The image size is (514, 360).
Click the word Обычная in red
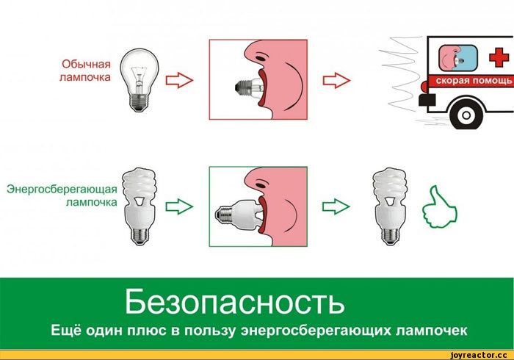[x=86, y=64]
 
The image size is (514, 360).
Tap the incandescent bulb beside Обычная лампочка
[x=139, y=80]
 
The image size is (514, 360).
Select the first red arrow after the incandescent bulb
[x=179, y=80]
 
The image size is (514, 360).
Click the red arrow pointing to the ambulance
[x=336, y=80]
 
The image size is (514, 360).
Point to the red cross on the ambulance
[x=499, y=57]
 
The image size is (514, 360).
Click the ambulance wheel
[x=466, y=115]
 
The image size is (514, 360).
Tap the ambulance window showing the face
[x=458, y=58]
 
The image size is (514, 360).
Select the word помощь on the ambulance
[x=493, y=80]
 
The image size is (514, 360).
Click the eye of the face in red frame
[x=261, y=58]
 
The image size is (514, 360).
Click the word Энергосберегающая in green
[x=62, y=189]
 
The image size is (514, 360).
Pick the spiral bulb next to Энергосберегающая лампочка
[x=140, y=206]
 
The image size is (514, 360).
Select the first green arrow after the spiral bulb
[x=179, y=207]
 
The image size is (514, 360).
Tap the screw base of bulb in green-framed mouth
[x=223, y=214]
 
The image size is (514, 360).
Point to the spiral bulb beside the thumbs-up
[x=390, y=206]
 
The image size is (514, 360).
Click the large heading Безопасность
[x=235, y=301]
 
